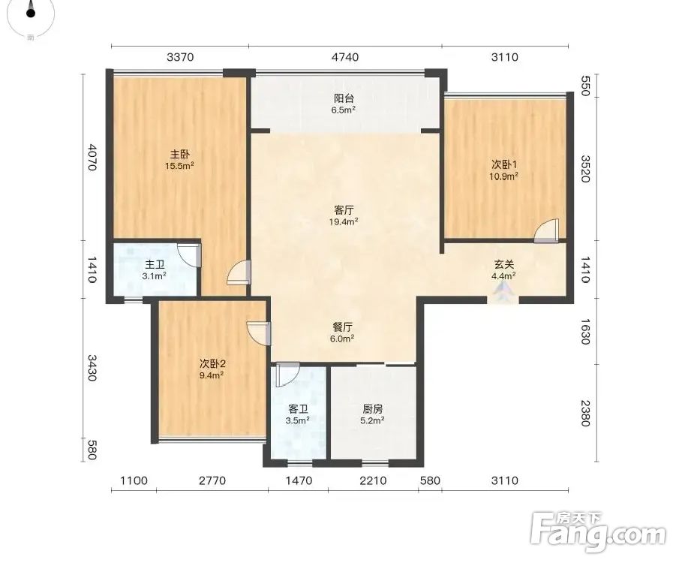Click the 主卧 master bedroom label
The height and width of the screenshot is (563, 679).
click(179, 155)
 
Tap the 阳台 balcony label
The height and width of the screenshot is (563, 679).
click(344, 98)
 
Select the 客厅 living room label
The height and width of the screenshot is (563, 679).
click(344, 211)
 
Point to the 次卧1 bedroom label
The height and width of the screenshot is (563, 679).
click(504, 164)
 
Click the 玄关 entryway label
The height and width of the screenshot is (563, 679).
click(504, 264)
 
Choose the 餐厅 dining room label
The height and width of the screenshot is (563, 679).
click(343, 327)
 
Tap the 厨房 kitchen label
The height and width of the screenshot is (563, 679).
click(373, 408)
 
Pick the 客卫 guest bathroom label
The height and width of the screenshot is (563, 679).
click(299, 408)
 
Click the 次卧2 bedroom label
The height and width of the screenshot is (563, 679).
click(212, 363)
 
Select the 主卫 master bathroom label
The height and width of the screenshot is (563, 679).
click(155, 264)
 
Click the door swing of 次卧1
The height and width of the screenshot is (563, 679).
click(546, 230)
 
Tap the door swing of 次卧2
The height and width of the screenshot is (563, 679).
click(259, 333)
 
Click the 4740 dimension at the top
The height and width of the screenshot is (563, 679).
click(345, 57)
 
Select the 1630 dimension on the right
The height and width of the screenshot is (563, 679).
click(585, 332)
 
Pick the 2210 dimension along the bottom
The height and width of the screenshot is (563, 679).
click(373, 480)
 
